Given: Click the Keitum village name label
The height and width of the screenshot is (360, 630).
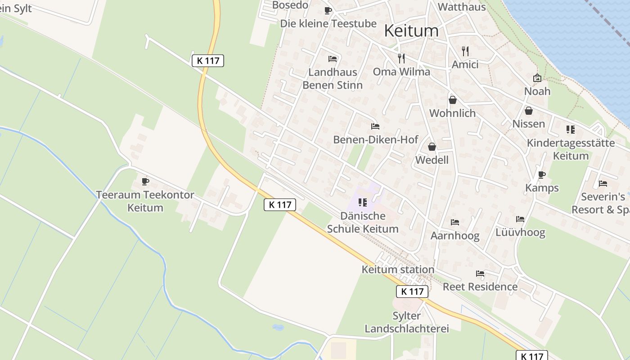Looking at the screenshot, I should tap(411, 31).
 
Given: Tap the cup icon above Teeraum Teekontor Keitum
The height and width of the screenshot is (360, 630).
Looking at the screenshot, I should tap(145, 181).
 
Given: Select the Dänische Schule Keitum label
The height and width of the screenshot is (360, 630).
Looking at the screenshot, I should tap(363, 222).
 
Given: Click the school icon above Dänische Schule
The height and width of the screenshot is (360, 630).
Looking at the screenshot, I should tap(363, 202).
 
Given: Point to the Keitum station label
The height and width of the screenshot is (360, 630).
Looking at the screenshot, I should tap(398, 270).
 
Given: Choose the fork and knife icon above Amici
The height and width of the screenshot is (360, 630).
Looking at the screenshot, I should tap(465, 51).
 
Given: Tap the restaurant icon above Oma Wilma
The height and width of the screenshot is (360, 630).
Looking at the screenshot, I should tap(401, 58).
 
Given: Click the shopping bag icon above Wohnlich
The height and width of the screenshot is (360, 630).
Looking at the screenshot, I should tap(453, 100).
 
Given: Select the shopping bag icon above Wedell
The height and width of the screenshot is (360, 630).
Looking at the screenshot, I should tap(432, 147).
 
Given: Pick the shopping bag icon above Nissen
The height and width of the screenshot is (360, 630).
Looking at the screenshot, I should tap(529, 110).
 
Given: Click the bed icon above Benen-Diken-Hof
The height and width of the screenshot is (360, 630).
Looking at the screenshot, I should tap(375, 126).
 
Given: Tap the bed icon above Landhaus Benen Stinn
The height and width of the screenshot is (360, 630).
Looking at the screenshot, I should tap(333, 58).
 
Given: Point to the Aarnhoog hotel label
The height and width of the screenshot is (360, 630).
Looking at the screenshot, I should tap(455, 235).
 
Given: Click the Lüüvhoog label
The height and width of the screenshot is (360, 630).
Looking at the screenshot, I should tap(520, 232).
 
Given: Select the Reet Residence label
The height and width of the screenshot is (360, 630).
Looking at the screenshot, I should tap(480, 287).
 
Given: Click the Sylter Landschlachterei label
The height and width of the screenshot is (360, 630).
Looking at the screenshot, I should tap(407, 322).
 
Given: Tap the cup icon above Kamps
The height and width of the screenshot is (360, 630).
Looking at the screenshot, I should tap(542, 175).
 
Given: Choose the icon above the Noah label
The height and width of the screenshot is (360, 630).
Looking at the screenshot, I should tap(537, 78).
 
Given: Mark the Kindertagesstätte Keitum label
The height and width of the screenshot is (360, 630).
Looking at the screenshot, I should tap(571, 149).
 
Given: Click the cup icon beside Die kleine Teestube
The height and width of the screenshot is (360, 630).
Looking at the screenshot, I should tap(328, 10).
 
